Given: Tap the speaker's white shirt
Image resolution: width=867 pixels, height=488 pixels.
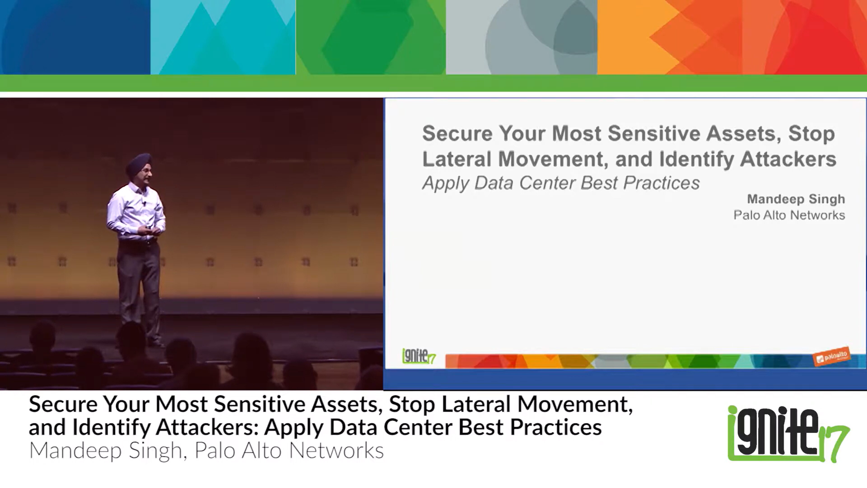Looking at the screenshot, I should click(135, 212).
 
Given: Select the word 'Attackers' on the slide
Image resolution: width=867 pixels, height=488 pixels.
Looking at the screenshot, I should click(788, 159).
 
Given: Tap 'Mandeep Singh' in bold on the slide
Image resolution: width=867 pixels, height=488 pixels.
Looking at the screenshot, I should click(796, 199).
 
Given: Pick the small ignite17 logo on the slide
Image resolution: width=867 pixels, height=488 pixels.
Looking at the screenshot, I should click(418, 356).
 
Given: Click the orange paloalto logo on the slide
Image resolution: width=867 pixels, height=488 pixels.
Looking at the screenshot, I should click(831, 356).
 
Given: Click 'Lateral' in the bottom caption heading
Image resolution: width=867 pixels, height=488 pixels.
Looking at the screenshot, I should click(476, 404).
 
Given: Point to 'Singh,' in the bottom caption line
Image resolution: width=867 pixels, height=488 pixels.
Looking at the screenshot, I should click(158, 450).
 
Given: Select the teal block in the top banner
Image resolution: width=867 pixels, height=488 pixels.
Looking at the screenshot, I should click(223, 37).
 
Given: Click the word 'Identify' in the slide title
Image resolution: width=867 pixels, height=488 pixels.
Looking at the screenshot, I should click(697, 159).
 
